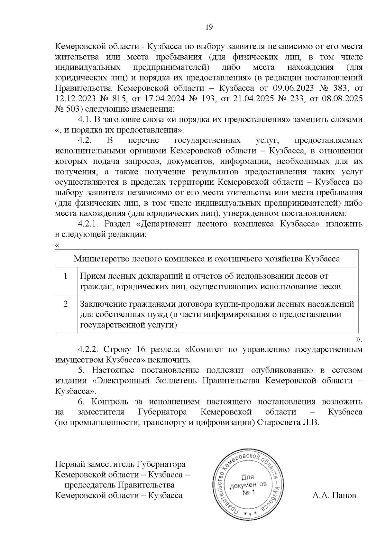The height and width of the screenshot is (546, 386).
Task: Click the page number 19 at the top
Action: pyautogui.click(x=209, y=27)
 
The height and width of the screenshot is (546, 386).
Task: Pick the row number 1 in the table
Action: pyautogui.click(x=66, y=276)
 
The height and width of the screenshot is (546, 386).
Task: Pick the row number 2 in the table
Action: pyautogui.click(x=66, y=304)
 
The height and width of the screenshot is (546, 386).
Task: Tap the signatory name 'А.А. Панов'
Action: pyautogui.click(x=334, y=495)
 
